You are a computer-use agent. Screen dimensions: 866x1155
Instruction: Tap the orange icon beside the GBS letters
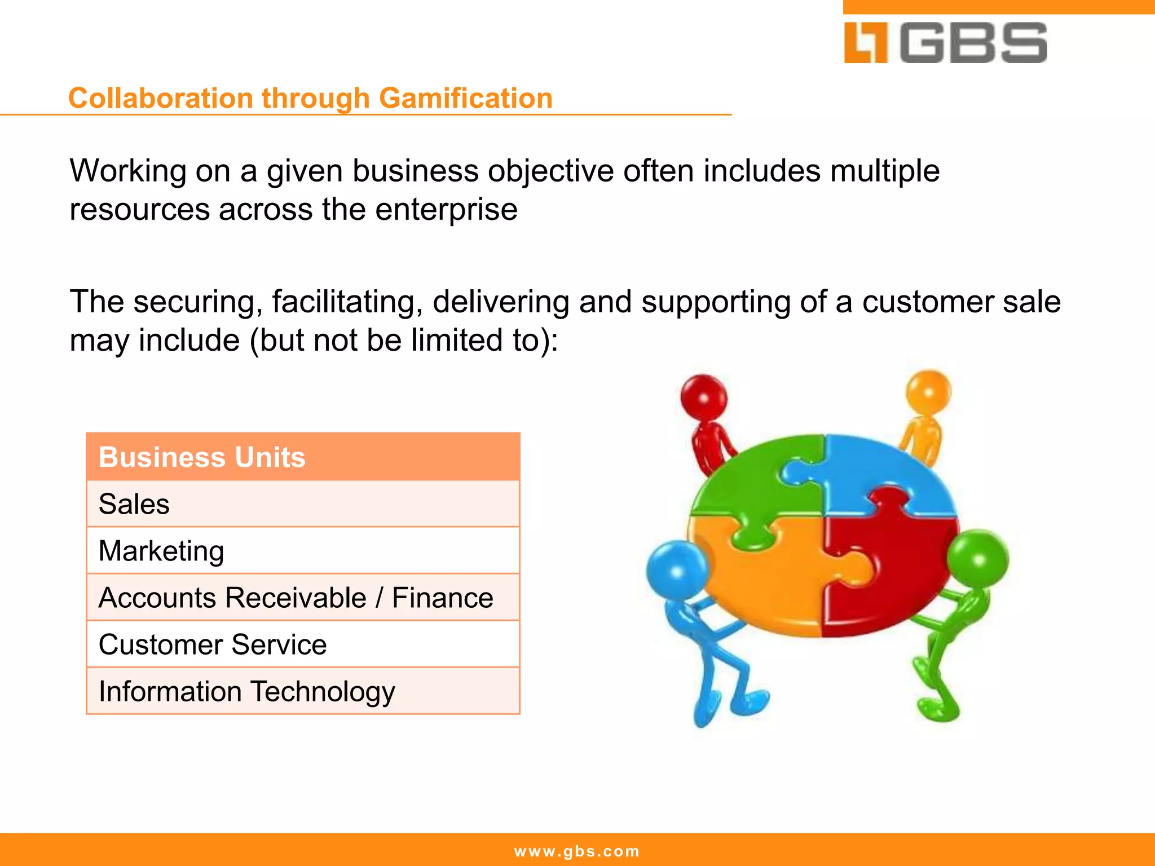tap(866, 43)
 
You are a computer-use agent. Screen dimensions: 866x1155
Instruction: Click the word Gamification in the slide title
tap(465, 98)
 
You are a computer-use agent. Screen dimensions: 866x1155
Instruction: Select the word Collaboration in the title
tap(161, 98)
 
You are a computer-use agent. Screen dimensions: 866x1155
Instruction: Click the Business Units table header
tap(303, 457)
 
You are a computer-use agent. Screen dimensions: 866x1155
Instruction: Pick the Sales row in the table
tap(303, 504)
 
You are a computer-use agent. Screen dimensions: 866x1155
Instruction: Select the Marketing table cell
tap(303, 551)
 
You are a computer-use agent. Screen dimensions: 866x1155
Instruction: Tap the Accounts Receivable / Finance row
tap(303, 598)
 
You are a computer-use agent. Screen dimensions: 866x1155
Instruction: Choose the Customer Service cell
tap(303, 644)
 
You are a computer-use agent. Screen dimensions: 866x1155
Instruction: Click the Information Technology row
tap(303, 691)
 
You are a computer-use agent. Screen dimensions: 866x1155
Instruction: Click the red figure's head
tap(703, 396)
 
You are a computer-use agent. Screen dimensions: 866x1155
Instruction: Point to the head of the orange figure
tap(928, 392)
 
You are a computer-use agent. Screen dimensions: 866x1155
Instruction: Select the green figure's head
tap(978, 558)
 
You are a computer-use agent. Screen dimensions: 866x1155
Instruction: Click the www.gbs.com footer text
tap(577, 851)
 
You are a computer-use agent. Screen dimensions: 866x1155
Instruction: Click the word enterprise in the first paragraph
tap(446, 210)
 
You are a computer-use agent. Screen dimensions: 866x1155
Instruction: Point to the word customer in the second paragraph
tap(928, 302)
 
